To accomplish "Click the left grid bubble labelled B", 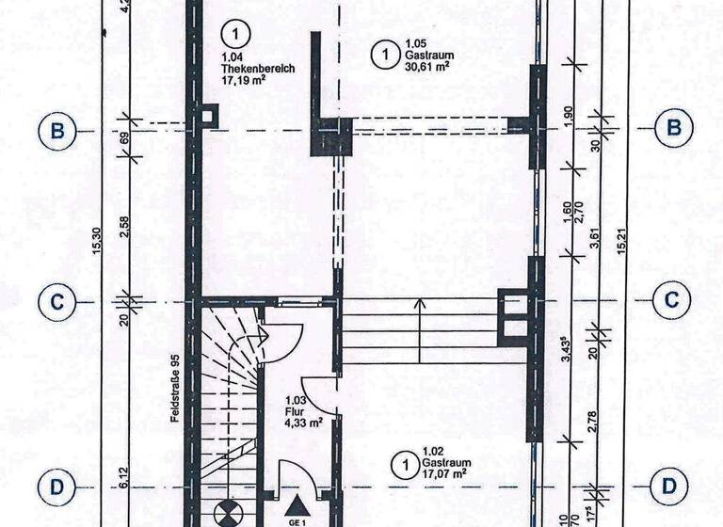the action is pos(57,131).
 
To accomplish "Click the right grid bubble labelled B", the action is pos(674,128).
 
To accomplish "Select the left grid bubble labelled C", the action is pos(57,302).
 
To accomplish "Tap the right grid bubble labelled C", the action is pos(672,299).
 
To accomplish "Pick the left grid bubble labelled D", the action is pos(57,487).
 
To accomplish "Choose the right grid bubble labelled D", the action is pos(669,486).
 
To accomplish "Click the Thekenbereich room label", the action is pos(258,69).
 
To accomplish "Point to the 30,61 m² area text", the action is pos(428,66).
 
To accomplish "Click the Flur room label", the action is pos(294,412).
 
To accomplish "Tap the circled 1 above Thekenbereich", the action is pos(235,34).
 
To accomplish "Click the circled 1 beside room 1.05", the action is pos(386,55).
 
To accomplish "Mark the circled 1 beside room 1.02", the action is pos(406,466).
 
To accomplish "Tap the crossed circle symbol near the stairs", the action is pos(229,513).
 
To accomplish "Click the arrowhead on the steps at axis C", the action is pos(420,303).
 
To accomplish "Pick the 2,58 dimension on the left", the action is pos(123,227).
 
